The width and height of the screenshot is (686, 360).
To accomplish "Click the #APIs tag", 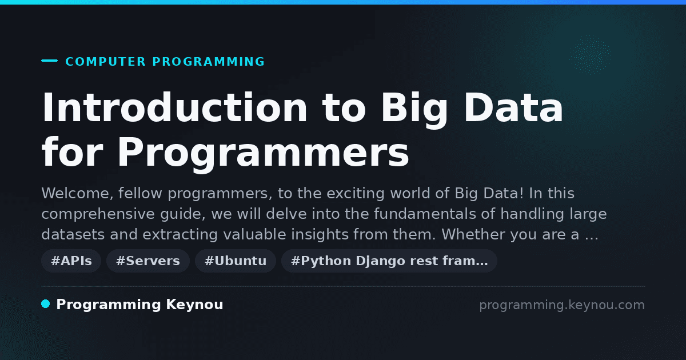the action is pyautogui.click(x=71, y=261).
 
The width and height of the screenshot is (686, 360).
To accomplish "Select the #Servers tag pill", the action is pyautogui.click(x=148, y=261).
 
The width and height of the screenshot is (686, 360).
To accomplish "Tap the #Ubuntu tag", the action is pyautogui.click(x=236, y=261).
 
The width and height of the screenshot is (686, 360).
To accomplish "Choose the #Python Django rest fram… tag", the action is pyautogui.click(x=389, y=261).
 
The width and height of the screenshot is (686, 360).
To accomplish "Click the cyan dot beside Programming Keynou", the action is pyautogui.click(x=46, y=304).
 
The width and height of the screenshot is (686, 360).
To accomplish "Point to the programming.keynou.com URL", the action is pyautogui.click(x=562, y=305).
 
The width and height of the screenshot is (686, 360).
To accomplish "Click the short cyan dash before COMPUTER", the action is pyautogui.click(x=49, y=61).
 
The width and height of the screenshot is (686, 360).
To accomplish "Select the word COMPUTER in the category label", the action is pyautogui.click(x=106, y=62).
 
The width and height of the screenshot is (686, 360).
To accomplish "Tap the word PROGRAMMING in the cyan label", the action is pyautogui.click(x=209, y=62).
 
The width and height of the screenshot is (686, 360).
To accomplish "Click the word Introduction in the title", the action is pyautogui.click(x=174, y=107).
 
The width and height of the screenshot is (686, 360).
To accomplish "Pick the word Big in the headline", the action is pyautogui.click(x=414, y=110).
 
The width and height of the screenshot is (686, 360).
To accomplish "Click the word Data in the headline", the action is pyautogui.click(x=513, y=107).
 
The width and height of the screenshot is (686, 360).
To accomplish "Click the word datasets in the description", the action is pyautogui.click(x=73, y=234).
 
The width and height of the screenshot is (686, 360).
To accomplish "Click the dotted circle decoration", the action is pyautogui.click(x=590, y=55).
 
